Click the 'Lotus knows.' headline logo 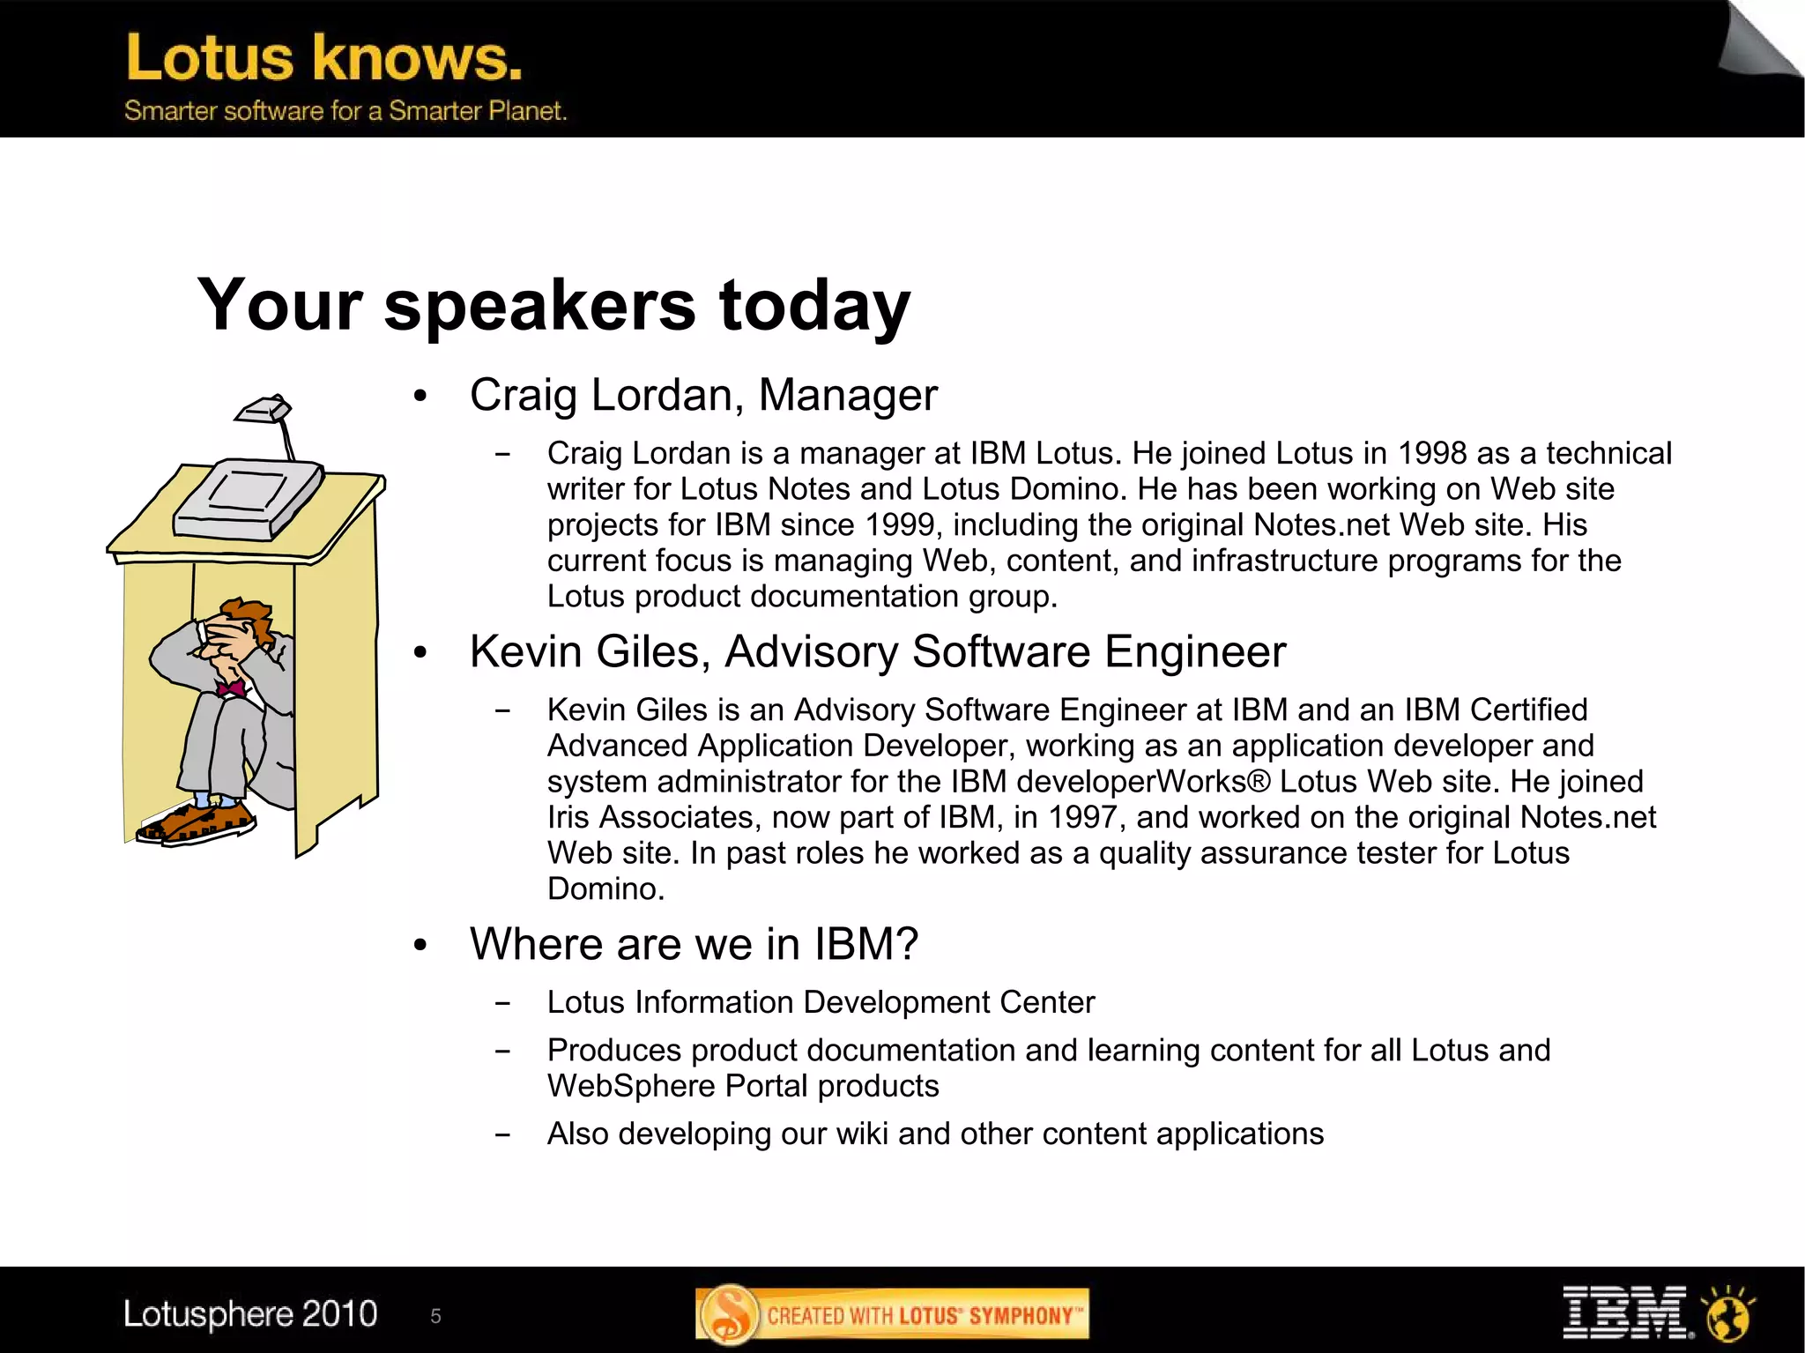(x=323, y=58)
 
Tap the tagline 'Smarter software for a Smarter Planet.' (x=345, y=111)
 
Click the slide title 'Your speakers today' (x=553, y=305)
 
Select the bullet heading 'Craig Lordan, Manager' (x=703, y=395)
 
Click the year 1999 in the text (x=900, y=524)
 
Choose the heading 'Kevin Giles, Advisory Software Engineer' (x=877, y=652)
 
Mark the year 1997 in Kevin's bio (x=1087, y=817)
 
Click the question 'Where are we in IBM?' (x=694, y=944)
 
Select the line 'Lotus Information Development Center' (x=821, y=1002)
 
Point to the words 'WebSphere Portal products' (x=743, y=1086)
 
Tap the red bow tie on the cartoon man (x=231, y=688)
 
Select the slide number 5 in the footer (x=435, y=1316)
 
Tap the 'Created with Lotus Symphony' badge (x=892, y=1315)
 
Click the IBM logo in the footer (x=1624, y=1313)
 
